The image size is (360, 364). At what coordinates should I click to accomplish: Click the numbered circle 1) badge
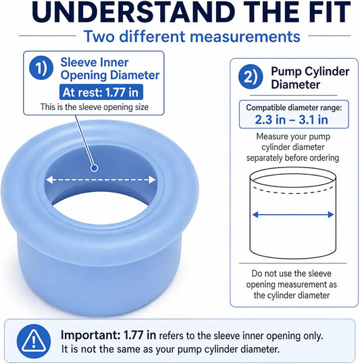[41, 68]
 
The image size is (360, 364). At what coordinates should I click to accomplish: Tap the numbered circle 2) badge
[251, 77]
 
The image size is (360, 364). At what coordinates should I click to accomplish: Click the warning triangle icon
[34, 341]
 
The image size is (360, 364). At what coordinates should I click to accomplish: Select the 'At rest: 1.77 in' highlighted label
[101, 92]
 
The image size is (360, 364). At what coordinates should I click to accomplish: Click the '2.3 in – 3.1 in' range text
[292, 120]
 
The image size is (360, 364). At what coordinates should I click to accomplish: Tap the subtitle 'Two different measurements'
[192, 36]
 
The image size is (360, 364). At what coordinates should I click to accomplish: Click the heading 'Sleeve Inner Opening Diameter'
[110, 69]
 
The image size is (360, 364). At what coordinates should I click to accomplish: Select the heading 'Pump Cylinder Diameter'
[310, 78]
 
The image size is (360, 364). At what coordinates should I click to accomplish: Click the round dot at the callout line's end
[95, 168]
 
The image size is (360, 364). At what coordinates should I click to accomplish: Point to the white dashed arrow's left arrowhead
[49, 180]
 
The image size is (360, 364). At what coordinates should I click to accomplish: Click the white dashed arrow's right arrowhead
[152, 180]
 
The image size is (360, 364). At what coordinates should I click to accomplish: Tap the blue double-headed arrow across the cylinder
[293, 215]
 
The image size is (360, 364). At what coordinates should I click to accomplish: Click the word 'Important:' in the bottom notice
[91, 335]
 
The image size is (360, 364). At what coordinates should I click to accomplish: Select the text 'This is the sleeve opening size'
[95, 107]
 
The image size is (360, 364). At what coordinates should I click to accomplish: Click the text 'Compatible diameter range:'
[294, 107]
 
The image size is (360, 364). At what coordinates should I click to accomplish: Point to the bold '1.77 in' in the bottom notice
[140, 335]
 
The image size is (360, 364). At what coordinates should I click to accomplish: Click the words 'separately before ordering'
[292, 158]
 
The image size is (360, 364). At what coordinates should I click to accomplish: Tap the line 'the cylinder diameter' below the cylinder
[292, 295]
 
